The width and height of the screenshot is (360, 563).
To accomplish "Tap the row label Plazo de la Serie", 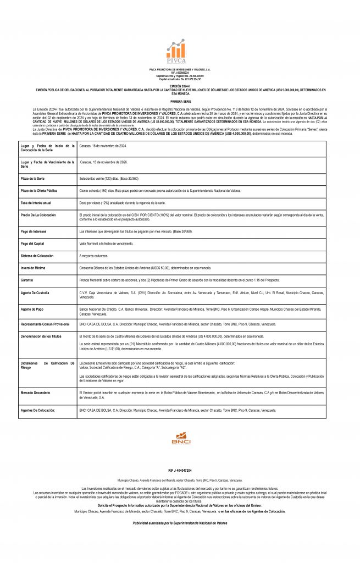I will (x=33, y=179).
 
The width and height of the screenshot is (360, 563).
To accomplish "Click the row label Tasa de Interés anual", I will (x=36, y=203).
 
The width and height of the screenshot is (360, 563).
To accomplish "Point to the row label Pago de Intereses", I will (x=34, y=231).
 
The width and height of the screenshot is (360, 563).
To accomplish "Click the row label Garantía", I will (x=27, y=280).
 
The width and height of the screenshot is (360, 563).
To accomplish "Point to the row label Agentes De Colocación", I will (x=38, y=410).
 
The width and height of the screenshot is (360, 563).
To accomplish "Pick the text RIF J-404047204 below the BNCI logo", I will (x=180, y=471).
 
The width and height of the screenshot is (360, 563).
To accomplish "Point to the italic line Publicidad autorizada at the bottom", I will (x=180, y=523).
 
